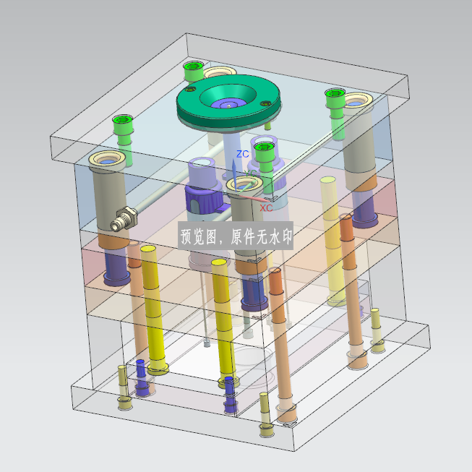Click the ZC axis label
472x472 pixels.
click(242, 154)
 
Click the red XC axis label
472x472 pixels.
click(266, 207)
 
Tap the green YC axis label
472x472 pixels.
click(251, 173)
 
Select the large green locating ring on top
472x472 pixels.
click(228, 101)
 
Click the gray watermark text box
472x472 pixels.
click(236, 236)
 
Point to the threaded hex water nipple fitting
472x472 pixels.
click(124, 219)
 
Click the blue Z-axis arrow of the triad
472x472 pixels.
click(234, 175)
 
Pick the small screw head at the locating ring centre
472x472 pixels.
click(229, 106)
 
